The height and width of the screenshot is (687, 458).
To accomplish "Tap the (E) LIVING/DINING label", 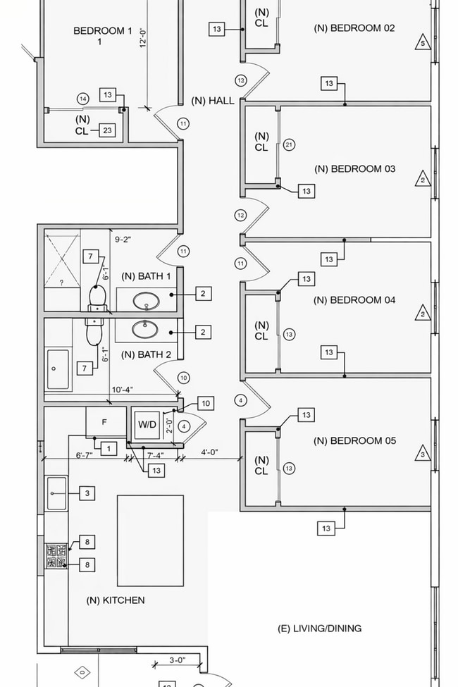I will [319, 628].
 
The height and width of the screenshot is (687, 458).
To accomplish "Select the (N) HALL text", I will [212, 101].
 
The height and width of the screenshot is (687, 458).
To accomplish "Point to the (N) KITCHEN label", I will [116, 600].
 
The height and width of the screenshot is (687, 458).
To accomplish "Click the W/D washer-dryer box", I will [147, 425].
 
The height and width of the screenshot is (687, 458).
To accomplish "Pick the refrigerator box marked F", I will [105, 422].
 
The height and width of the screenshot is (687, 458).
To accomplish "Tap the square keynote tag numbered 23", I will [107, 130].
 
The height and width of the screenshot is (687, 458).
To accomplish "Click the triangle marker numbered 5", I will [423, 42].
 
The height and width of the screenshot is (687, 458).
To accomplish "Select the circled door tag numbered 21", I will [289, 144].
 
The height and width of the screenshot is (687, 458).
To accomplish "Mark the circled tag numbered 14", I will [82, 99].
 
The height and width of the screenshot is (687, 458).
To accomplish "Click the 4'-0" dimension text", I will [209, 452].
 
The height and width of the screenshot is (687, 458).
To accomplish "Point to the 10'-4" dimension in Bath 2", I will [122, 390].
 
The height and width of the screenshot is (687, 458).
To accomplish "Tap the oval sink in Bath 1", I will [147, 302].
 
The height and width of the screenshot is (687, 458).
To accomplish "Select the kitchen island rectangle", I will [150, 540].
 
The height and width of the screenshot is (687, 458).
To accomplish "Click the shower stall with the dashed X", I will [62, 259].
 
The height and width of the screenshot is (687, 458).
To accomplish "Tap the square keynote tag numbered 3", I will [87, 493].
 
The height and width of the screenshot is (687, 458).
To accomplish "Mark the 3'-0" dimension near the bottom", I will [178, 660].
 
